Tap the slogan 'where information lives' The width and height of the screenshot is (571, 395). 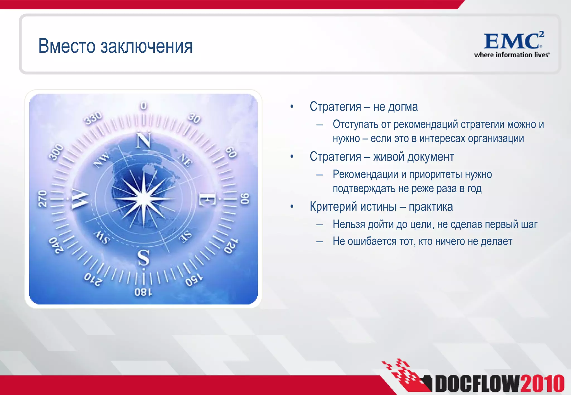(512, 55)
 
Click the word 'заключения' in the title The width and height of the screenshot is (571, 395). (146, 46)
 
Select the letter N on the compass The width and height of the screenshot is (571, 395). (144, 140)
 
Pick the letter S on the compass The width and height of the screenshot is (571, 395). (144, 257)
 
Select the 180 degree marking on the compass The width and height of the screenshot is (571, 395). (143, 292)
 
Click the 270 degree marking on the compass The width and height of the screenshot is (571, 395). (42, 199)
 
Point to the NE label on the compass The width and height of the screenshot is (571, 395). (185, 160)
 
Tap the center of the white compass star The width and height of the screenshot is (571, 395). (144, 199)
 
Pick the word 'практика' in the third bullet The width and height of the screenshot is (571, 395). (430, 207)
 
